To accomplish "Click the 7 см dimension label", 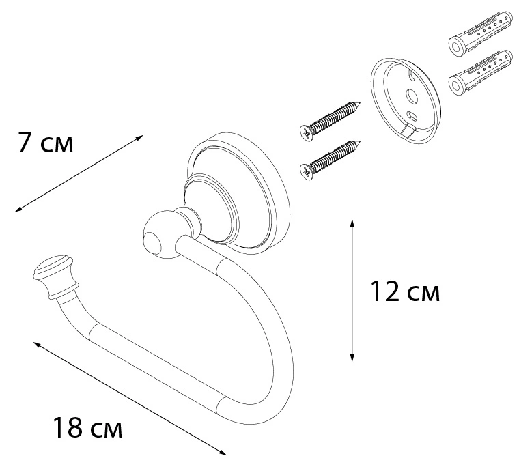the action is coord(45,143).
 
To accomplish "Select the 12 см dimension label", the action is coord(405,291).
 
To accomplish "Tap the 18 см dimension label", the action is coord(87,427).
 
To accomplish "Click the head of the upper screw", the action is coord(307,133).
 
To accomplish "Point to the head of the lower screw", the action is coord(307,172).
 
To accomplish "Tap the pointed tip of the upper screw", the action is coord(359,103).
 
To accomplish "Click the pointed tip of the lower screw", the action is coord(360,142).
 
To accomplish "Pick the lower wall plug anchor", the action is coord(480,73).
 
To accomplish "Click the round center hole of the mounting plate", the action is coord(411,96).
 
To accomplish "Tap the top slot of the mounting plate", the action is coord(412,76).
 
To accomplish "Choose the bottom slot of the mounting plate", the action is coord(412,116).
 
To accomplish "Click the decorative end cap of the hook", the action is coord(55,277).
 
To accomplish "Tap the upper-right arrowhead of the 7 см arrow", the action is coord(140,137).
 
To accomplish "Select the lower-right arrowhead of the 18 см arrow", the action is coord(223,453).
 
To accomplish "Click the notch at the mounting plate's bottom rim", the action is coord(409,131).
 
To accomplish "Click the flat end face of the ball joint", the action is coord(153,243).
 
